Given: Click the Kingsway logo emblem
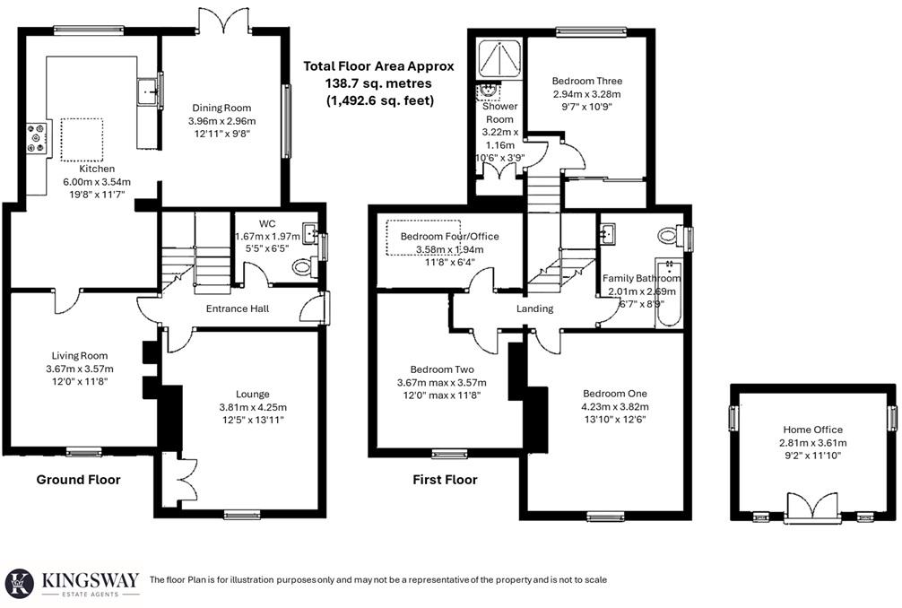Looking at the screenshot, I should click(x=20, y=583).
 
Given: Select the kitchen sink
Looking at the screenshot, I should click(x=147, y=91).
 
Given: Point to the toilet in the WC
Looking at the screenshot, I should click(x=303, y=267).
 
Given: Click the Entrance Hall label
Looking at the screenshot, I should click(x=238, y=309).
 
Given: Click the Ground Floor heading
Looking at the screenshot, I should click(x=78, y=480).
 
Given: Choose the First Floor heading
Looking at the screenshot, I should click(x=445, y=480).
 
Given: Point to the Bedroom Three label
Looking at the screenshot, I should click(x=586, y=81).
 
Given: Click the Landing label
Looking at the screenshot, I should click(x=535, y=309).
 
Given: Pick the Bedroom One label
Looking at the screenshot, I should click(x=614, y=394).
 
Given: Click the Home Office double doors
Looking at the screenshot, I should click(x=812, y=507).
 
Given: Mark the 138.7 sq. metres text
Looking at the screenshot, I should click(x=378, y=83).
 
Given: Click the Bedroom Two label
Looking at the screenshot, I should click(x=442, y=369).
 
